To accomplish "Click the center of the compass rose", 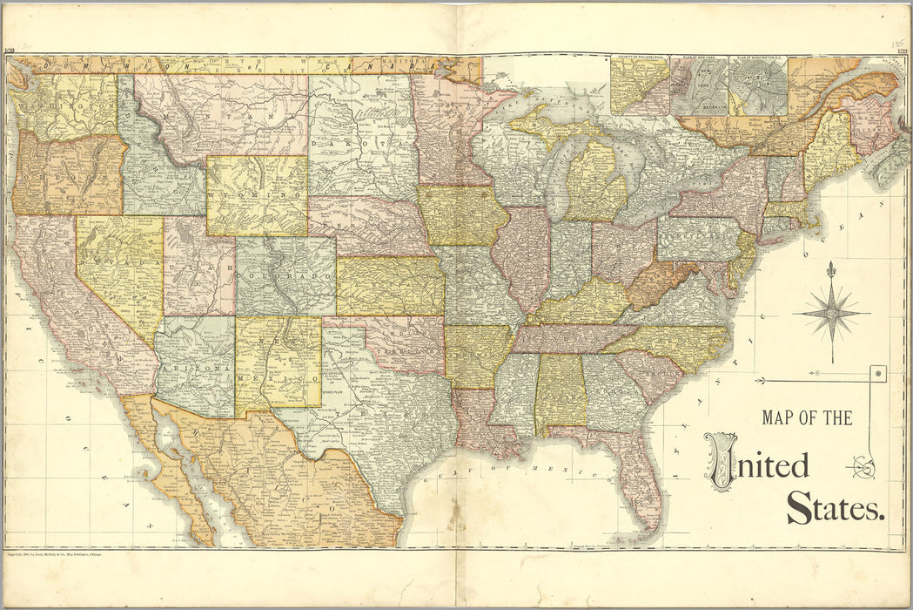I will tap(831, 312).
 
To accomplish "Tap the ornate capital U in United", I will tap(721, 462).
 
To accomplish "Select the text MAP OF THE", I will tap(807, 418).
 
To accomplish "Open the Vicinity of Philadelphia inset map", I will tap(639, 86).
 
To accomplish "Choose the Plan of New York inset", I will tap(699, 86).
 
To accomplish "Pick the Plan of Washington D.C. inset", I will tap(757, 86).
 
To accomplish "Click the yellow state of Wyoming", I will tap(257, 196).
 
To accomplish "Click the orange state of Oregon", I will tap(65, 174).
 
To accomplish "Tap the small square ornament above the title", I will tap(877, 374).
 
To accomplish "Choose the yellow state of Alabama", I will tap(558, 392).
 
